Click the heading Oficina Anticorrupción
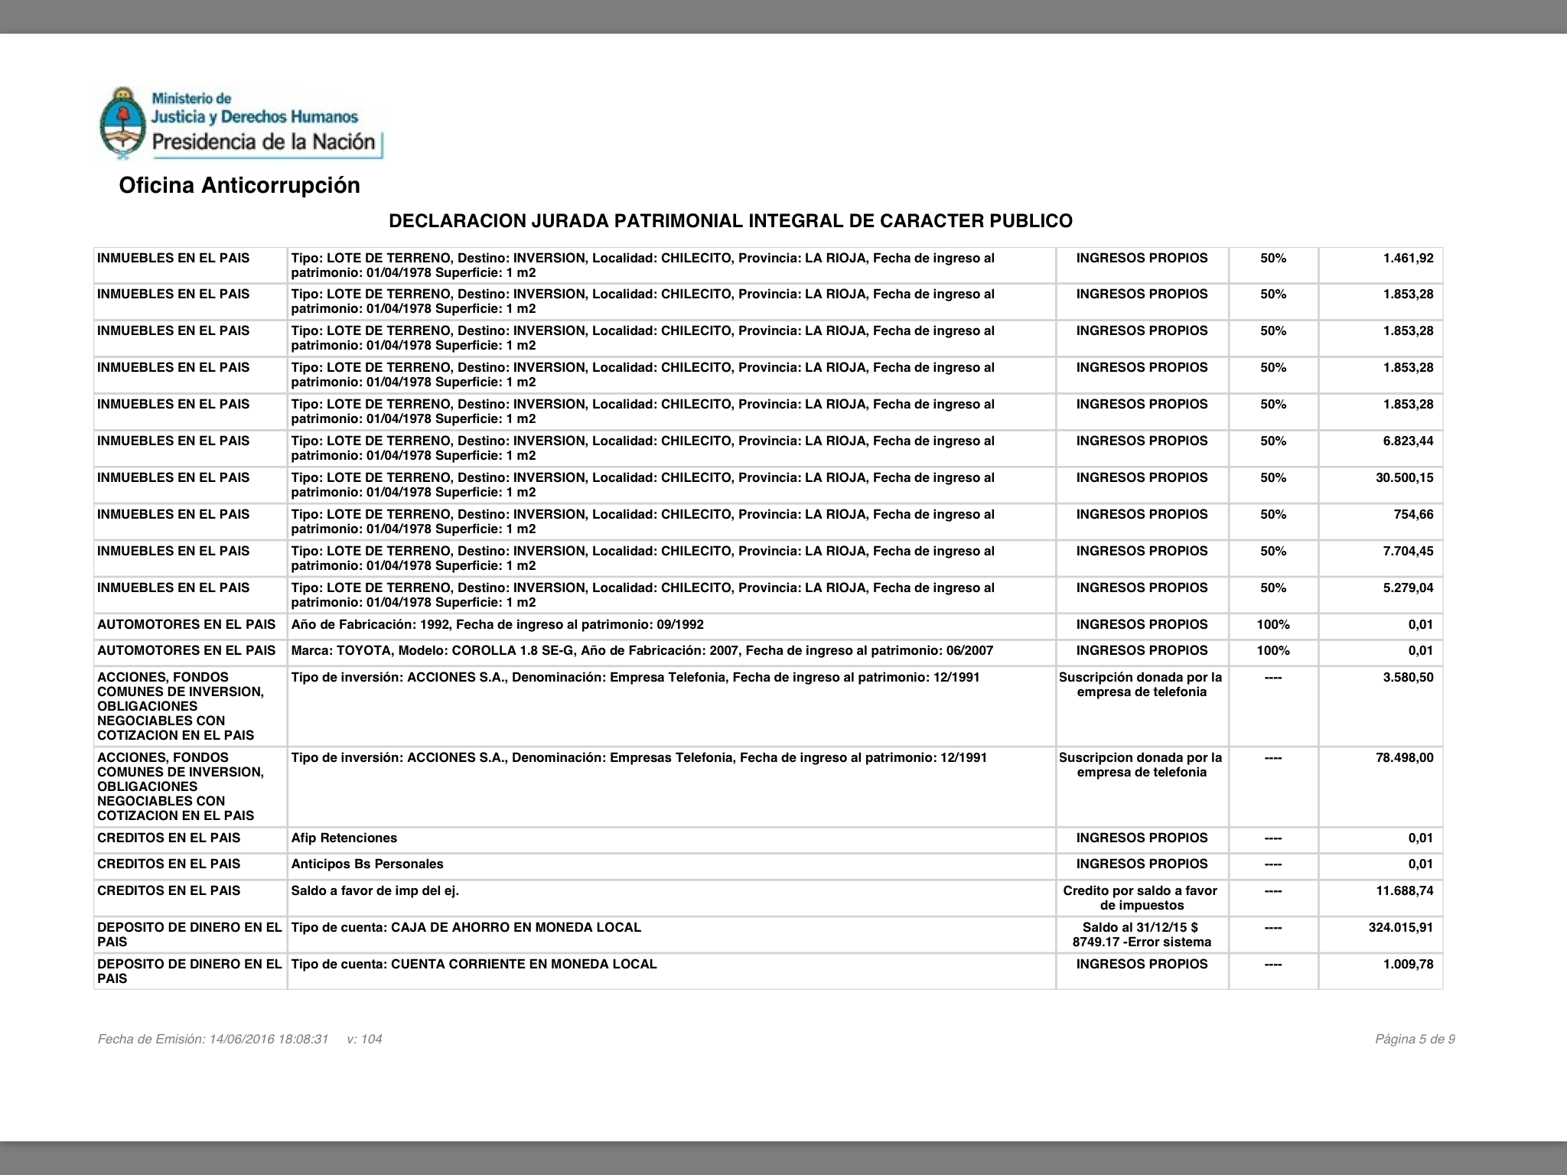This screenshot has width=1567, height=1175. coord(239,186)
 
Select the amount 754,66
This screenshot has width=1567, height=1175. coord(1414,515)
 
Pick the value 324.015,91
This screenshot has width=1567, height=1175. coord(1401,928)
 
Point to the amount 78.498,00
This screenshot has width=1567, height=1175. coord(1404,758)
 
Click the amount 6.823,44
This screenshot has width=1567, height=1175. coord(1408,441)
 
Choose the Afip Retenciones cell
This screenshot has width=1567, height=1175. coord(344,838)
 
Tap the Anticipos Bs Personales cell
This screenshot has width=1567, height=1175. coord(367,864)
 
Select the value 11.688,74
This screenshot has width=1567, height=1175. coord(1404,891)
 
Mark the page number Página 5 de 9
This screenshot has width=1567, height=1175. coord(1415,1040)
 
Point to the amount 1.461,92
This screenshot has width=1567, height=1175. coord(1408,259)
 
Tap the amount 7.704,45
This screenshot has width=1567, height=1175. coord(1408,552)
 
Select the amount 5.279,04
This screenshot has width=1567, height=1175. coord(1408,588)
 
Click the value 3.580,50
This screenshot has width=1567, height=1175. coord(1408,678)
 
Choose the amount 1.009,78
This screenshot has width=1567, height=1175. coord(1408,965)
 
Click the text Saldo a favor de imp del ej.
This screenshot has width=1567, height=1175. coord(375,891)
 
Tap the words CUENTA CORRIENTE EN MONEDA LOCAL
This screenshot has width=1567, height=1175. coord(523,965)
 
